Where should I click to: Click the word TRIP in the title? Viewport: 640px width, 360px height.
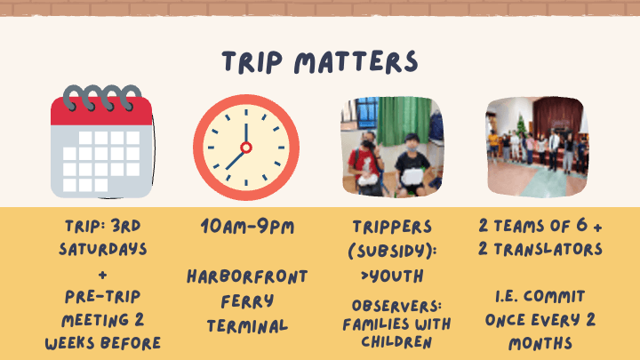(252, 62)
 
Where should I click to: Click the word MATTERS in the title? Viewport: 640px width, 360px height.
(356, 62)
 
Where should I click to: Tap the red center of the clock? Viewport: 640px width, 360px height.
(246, 148)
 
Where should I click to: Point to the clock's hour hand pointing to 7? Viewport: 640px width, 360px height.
(236, 159)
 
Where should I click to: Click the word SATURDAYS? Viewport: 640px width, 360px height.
(103, 249)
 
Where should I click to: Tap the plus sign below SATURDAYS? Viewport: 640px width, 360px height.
(103, 275)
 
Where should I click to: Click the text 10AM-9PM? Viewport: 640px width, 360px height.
(247, 227)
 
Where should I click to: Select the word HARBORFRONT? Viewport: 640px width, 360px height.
(247, 276)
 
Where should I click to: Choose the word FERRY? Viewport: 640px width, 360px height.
(247, 301)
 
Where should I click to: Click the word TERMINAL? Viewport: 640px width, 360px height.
(247, 326)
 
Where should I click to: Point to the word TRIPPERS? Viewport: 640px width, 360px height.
(392, 227)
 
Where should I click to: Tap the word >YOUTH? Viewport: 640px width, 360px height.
(392, 276)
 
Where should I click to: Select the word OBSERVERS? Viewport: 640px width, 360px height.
(396, 306)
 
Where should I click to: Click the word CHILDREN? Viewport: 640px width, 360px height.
(396, 342)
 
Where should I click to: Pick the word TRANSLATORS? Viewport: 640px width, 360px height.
(548, 249)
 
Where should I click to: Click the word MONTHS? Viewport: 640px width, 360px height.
(540, 343)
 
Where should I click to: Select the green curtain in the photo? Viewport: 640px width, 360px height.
(404, 120)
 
